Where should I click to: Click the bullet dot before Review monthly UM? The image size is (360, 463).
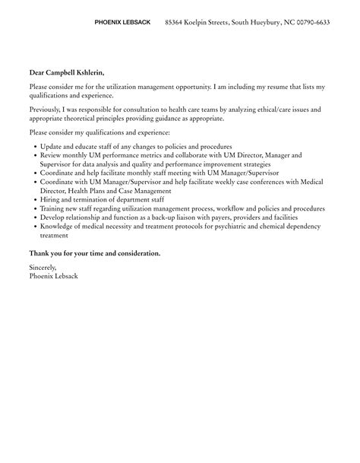(x=34, y=155)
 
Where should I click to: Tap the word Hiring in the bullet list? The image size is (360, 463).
(x=49, y=199)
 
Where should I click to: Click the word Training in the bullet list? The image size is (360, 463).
(x=53, y=208)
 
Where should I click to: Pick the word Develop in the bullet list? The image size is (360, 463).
(x=52, y=217)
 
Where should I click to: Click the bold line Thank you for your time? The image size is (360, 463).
(x=94, y=252)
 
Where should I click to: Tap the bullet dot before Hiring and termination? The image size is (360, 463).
(x=34, y=200)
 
